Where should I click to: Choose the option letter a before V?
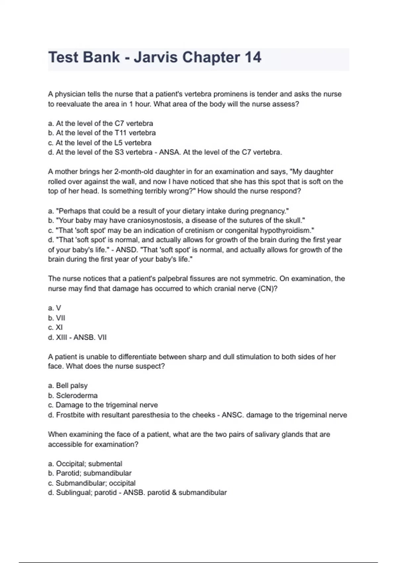point(50,308)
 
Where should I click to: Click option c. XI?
point(55,328)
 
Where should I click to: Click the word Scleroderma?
point(77,395)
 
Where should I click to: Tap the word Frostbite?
point(70,415)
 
